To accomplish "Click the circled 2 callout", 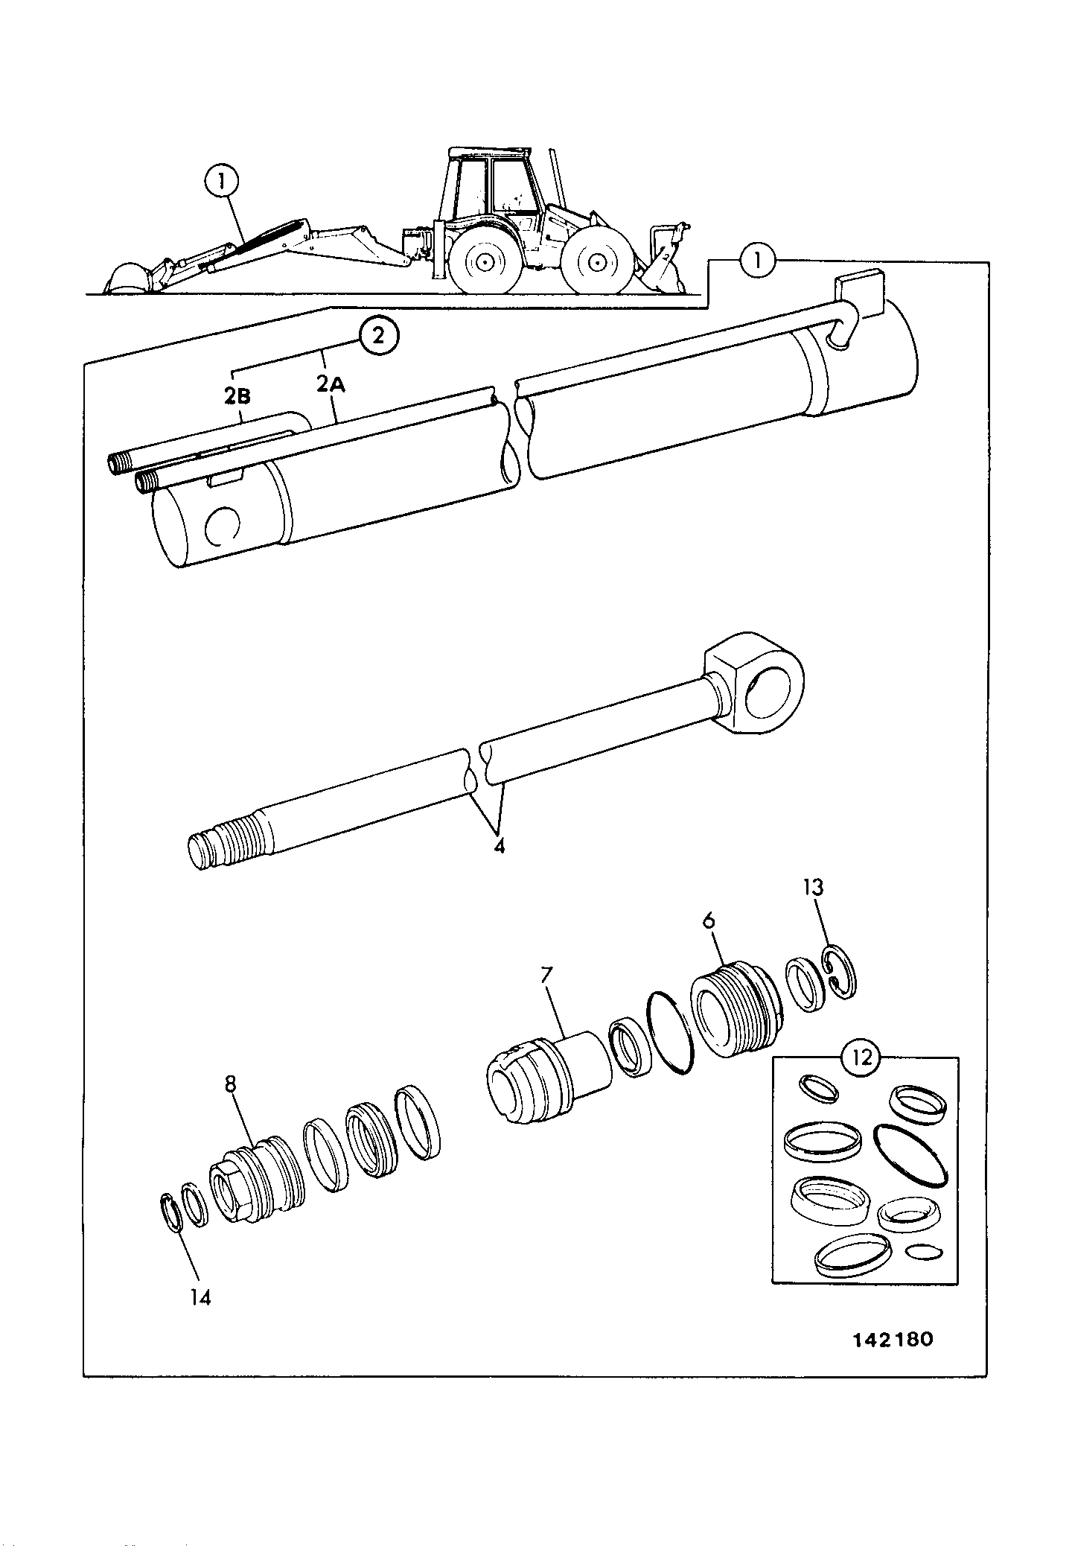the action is coord(378,336).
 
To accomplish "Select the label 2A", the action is coord(331,384).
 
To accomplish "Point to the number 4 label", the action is coord(499,846).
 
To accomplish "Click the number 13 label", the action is coord(813,887).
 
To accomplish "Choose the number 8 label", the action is coord(230,1084).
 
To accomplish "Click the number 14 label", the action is coord(200,1297).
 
